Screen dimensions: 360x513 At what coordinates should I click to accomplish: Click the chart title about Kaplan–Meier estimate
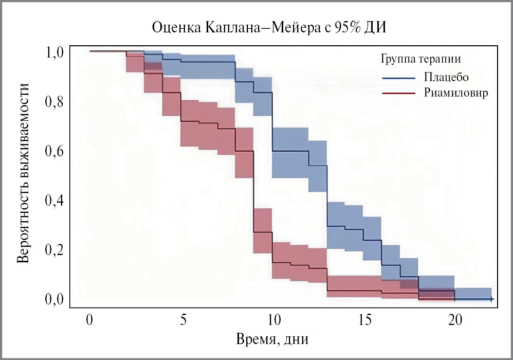point(269,27)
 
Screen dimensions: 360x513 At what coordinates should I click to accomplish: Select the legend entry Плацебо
point(447,77)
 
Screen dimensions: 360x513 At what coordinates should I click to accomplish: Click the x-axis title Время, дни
point(273,339)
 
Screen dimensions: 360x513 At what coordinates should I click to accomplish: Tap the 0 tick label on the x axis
point(89,319)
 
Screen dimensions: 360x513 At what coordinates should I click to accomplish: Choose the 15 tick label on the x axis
point(364,319)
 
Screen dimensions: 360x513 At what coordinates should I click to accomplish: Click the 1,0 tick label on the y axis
point(53,52)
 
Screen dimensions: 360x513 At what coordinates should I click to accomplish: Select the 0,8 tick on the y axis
point(53,102)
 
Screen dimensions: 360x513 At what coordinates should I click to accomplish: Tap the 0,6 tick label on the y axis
point(53,151)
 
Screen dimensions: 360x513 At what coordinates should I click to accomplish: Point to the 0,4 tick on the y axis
point(53,201)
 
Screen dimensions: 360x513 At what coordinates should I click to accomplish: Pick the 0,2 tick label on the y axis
point(53,250)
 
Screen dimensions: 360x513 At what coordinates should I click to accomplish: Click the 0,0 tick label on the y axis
point(53,299)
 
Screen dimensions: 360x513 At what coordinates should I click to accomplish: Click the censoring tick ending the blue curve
point(491,299)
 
